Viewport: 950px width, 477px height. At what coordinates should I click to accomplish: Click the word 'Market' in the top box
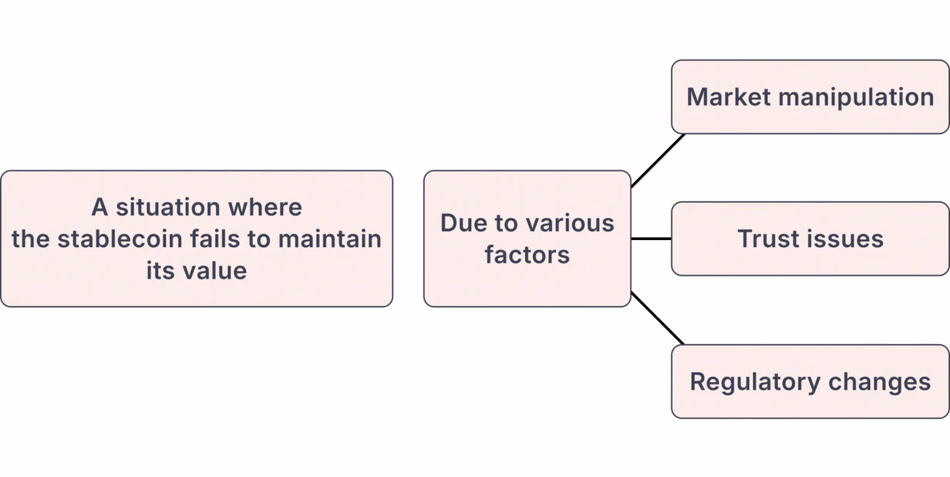coord(729,96)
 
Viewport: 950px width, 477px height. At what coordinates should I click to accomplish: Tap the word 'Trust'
coord(766,238)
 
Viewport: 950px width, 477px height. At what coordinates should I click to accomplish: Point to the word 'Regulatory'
coord(756,383)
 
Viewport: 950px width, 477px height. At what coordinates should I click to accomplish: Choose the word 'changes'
coord(880,381)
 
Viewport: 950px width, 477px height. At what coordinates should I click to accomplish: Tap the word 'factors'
coord(527,255)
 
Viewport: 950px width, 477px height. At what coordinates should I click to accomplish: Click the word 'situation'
coord(168,207)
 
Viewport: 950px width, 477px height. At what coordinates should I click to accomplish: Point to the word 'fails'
coord(215,238)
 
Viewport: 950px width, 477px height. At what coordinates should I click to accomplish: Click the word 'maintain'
coord(329,238)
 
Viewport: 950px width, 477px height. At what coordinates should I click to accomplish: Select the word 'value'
coord(214,271)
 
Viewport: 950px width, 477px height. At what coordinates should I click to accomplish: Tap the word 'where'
coord(265,207)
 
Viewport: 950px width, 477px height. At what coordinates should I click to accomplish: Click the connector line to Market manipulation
coord(658,161)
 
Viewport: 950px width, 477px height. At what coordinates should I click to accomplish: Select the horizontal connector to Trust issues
coord(651,239)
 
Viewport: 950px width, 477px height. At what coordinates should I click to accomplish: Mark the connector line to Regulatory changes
coord(657,318)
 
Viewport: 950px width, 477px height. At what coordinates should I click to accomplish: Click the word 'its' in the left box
coord(160,271)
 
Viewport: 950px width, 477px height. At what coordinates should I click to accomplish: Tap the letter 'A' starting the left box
coord(99,207)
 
